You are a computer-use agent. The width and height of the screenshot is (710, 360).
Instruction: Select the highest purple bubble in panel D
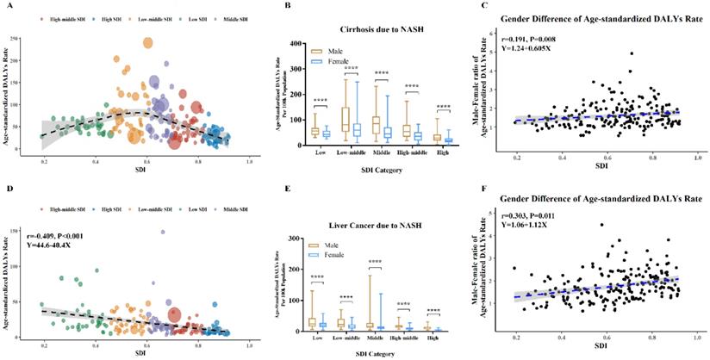161,232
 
